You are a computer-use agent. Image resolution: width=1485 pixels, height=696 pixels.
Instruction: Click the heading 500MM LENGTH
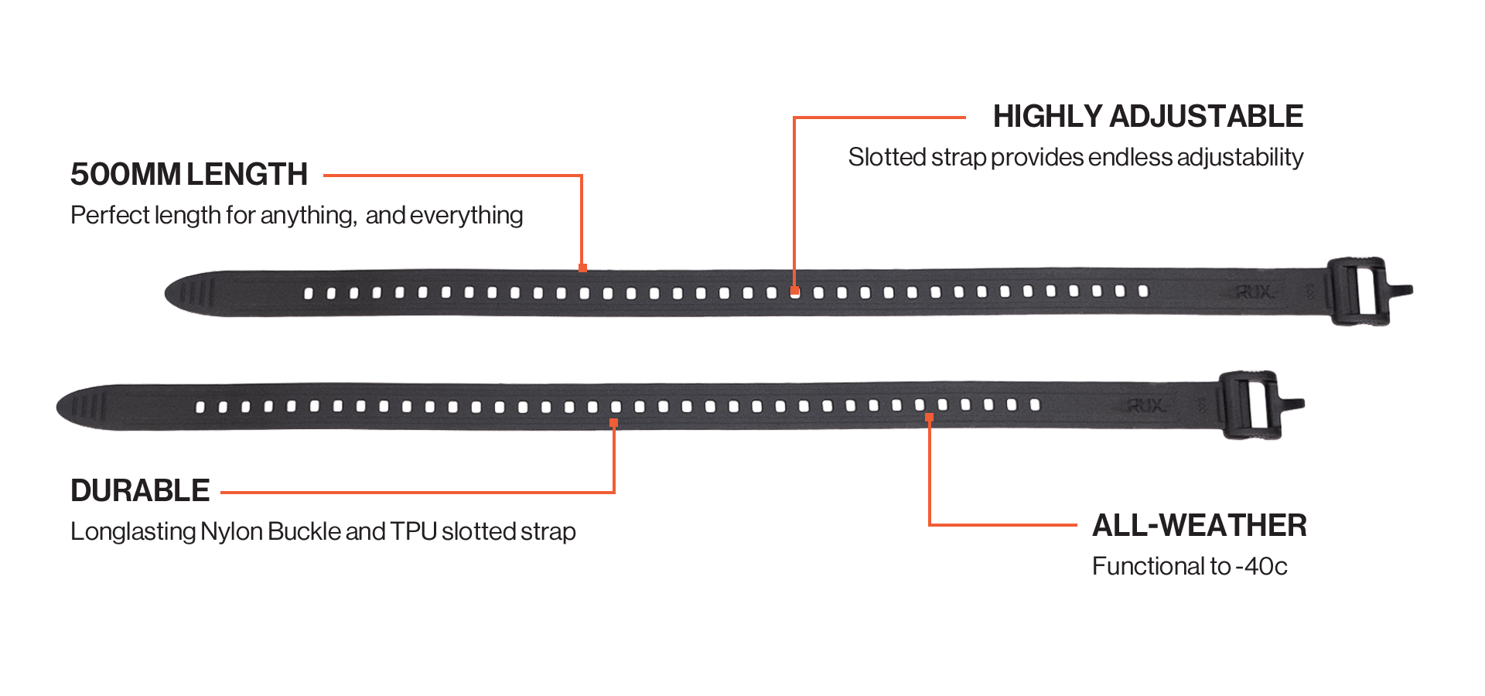pyautogui.click(x=189, y=175)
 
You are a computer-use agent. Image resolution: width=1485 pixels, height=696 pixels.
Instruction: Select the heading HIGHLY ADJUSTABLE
pyautogui.click(x=1148, y=117)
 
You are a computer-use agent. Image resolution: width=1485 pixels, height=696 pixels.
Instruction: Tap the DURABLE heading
pyautogui.click(x=140, y=491)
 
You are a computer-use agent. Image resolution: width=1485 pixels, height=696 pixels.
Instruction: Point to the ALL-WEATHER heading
pyautogui.click(x=1199, y=526)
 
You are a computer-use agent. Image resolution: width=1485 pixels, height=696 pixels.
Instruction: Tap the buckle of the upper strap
pyautogui.click(x=1359, y=291)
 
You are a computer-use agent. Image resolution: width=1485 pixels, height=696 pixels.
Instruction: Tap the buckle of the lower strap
pyautogui.click(x=1251, y=405)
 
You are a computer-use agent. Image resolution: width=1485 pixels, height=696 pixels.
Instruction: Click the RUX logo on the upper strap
pyautogui.click(x=1253, y=292)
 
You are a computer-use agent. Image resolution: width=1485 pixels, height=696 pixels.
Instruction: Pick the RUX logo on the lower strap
pyautogui.click(x=1145, y=406)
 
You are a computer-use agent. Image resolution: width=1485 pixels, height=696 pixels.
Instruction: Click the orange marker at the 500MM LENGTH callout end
pyautogui.click(x=582, y=268)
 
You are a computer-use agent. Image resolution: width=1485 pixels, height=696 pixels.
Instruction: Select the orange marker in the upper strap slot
pyautogui.click(x=794, y=292)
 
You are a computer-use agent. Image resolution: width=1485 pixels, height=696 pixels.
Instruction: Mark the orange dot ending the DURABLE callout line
pyautogui.click(x=613, y=423)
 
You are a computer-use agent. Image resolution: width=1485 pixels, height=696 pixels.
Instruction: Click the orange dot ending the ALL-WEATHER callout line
pyautogui.click(x=929, y=418)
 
